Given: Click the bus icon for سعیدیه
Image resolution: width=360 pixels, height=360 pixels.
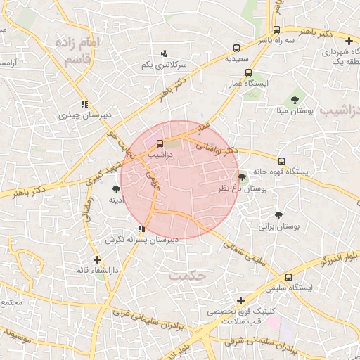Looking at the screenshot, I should pyautogui.click(x=237, y=49).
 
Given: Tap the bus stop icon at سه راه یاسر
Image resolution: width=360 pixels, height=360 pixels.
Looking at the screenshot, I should pyautogui.click(x=277, y=30).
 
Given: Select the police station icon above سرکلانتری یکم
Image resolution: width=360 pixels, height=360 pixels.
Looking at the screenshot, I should pyautogui.click(x=165, y=53).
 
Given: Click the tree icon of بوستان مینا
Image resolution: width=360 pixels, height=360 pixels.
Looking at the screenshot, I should pyautogui.click(x=295, y=99).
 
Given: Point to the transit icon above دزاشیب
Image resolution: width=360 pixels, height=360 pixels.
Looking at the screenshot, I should pyautogui.click(x=160, y=143).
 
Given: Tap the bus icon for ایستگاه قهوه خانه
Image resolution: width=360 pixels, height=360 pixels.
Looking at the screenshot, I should pyautogui.click(x=282, y=161).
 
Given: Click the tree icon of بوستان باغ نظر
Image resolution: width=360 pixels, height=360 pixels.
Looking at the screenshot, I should pyautogui.click(x=243, y=178).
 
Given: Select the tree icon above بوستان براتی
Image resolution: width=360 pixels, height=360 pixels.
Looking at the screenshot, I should pyautogui.click(x=279, y=215).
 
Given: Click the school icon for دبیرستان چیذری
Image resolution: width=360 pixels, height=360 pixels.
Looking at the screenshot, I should pyautogui.click(x=84, y=104).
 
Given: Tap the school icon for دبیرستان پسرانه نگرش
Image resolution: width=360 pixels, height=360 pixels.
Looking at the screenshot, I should pyautogui.click(x=142, y=228).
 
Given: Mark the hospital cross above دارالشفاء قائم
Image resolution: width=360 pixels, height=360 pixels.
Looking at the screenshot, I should pyautogui.click(x=97, y=259).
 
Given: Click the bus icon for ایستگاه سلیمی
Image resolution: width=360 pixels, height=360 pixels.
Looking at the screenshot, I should pyautogui.click(x=289, y=277).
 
